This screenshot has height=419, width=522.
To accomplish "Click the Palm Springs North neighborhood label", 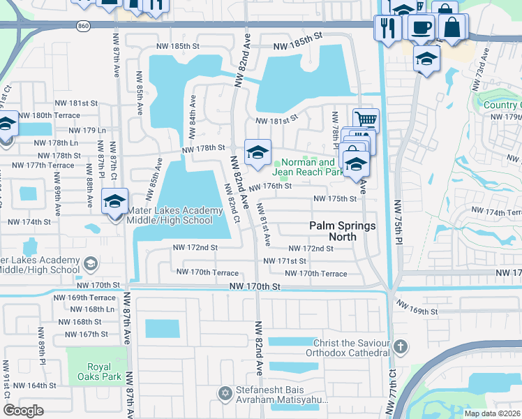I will coord(343,231).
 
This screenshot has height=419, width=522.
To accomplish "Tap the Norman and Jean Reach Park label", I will coord(308,167).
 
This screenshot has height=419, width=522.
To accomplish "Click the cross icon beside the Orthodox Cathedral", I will coord(401,346).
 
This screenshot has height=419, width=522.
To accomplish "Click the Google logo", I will coord(22,411).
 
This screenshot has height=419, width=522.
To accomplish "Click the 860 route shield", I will coord(84,26).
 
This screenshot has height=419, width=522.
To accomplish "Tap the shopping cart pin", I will coord(366,119).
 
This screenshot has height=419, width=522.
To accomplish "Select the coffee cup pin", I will coord(421,27).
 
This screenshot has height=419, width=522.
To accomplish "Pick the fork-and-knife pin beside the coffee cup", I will coord(386,28).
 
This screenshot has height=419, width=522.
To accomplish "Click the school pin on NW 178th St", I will coord(258,152).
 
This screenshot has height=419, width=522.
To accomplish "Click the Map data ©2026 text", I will coord(491,413).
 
